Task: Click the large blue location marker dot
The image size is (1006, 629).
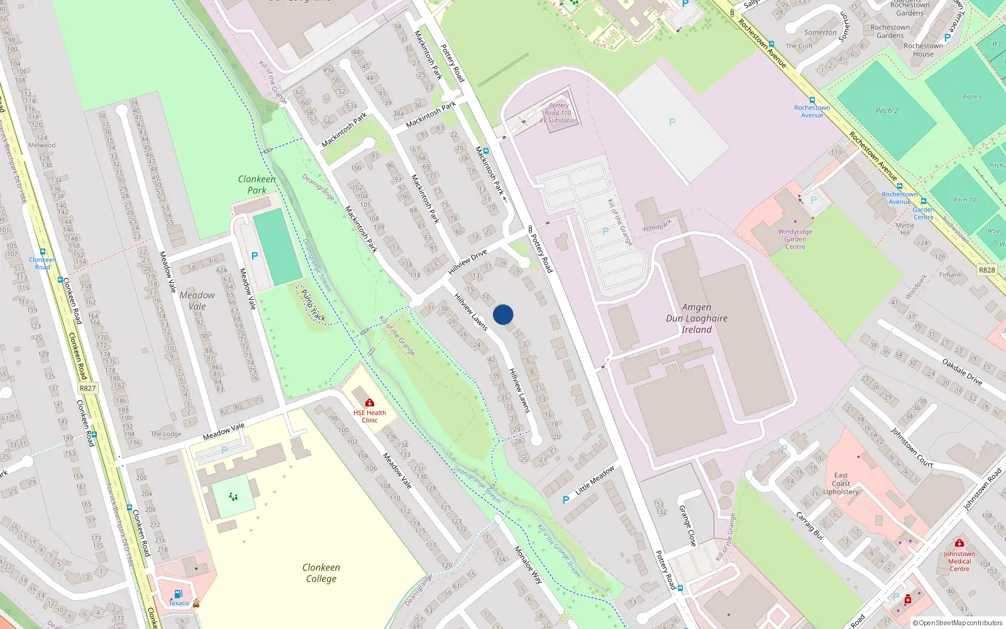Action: tap(503, 314)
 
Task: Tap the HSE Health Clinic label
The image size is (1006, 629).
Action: tap(370, 416)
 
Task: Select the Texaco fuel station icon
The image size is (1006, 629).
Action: tap(178, 593)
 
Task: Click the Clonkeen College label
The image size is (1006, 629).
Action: tap(321, 573)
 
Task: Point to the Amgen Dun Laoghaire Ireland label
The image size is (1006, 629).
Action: tap(697, 318)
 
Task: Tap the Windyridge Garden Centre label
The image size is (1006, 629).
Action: tap(795, 239)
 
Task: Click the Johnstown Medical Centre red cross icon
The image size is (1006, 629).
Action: tap(959, 543)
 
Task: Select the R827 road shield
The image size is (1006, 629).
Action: tap(87, 388)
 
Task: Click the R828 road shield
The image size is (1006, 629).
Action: tap(987, 270)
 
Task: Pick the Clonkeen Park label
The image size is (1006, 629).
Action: tap(257, 184)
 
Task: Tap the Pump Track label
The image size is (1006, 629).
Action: tap(312, 304)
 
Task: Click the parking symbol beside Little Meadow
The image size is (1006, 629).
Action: tap(566, 500)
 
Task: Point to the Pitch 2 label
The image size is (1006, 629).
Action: tap(887, 111)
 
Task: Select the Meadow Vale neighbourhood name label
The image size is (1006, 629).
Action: tap(197, 301)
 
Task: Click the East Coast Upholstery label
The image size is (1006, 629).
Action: tap(841, 484)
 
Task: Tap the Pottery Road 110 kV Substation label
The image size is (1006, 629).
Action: tap(558, 113)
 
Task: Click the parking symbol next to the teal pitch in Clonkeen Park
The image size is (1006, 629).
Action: tap(254, 256)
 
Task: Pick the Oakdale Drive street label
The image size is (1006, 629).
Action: tap(962, 370)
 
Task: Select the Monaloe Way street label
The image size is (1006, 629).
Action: tap(528, 565)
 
